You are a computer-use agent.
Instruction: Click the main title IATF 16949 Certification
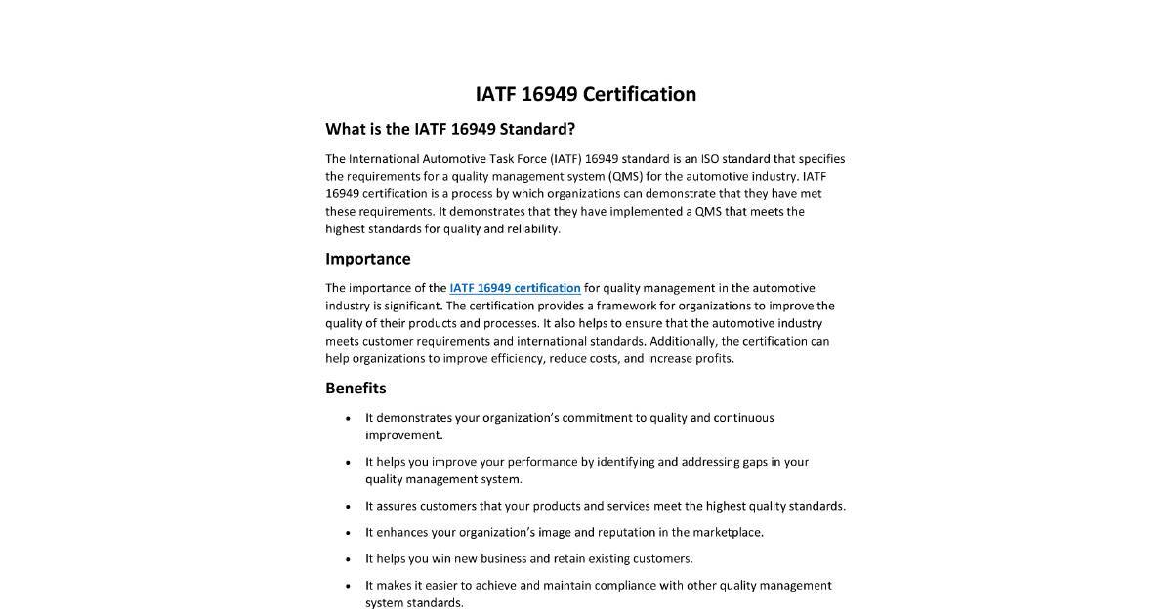pyautogui.click(x=585, y=94)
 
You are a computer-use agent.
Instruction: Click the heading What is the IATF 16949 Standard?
pyautogui.click(x=450, y=129)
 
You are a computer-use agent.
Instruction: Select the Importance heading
pyautogui.click(x=367, y=259)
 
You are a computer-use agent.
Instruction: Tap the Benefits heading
pyautogui.click(x=356, y=388)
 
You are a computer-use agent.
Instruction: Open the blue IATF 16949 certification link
pyautogui.click(x=515, y=288)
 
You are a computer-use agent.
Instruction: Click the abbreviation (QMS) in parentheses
pyautogui.click(x=625, y=177)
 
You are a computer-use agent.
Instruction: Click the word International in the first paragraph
pyautogui.click(x=383, y=159)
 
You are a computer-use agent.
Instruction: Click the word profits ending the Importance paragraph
pyautogui.click(x=714, y=358)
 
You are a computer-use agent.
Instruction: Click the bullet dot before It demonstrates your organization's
pyautogui.click(x=349, y=418)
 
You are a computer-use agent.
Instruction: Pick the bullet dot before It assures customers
pyautogui.click(x=349, y=507)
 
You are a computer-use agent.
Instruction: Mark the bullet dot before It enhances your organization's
pyautogui.click(x=349, y=533)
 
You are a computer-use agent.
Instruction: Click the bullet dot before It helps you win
pyautogui.click(x=349, y=559)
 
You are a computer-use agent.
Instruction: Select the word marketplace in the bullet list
pyautogui.click(x=728, y=532)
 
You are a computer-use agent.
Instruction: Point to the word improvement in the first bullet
pyautogui.click(x=403, y=435)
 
